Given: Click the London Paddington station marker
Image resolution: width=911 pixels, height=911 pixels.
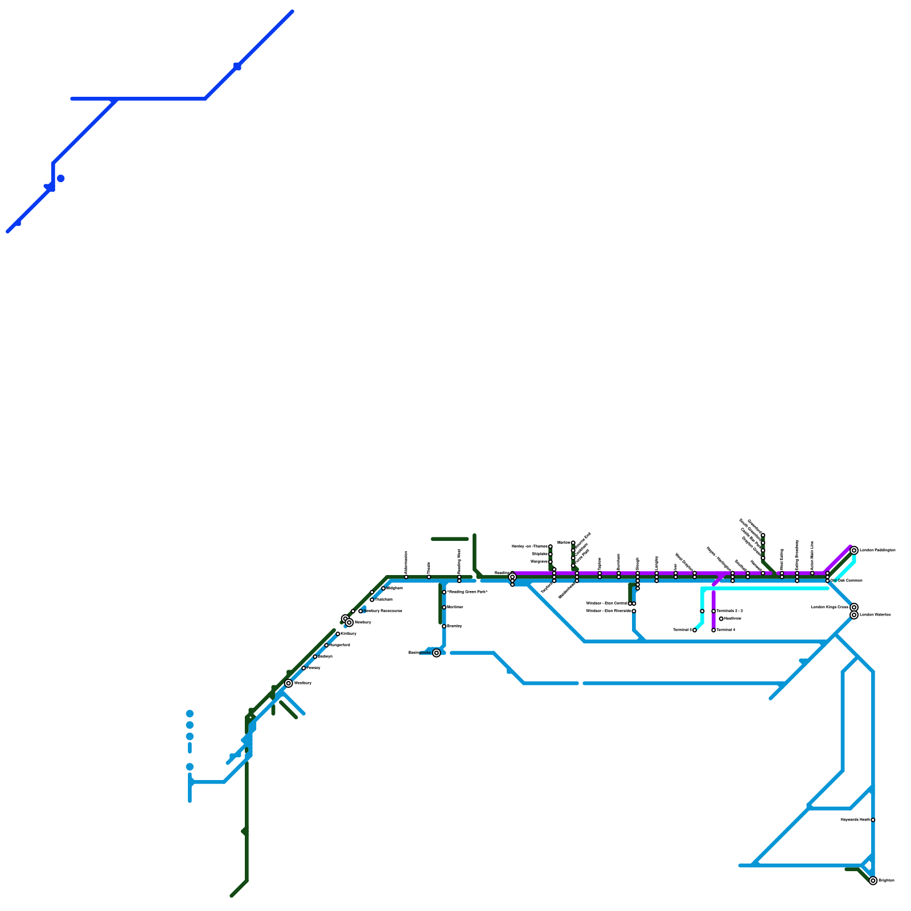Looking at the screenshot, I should [x=854, y=550].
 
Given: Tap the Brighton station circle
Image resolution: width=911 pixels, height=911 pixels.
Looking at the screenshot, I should [x=873, y=881].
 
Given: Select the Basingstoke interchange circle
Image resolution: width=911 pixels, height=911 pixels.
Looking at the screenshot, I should [x=436, y=653].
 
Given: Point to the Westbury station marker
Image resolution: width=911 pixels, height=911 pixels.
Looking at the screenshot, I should [x=289, y=683].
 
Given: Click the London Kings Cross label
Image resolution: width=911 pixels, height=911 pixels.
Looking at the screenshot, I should [x=830, y=608].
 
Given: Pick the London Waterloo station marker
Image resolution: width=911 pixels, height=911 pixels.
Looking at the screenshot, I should [x=854, y=615].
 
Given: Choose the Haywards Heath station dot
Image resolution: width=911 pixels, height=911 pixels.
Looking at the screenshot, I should [x=873, y=820].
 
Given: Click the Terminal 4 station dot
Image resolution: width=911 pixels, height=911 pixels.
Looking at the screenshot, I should [x=713, y=630].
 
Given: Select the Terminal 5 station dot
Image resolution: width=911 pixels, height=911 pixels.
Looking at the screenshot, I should [x=694, y=630].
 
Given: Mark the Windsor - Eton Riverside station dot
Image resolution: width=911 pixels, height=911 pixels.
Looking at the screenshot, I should [x=634, y=611].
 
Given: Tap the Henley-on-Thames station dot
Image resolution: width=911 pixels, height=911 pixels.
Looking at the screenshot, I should [x=551, y=547].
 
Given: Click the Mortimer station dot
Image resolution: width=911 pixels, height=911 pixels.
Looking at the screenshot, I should [x=444, y=608].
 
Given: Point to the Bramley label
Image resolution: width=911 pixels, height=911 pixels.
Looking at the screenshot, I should [x=455, y=626].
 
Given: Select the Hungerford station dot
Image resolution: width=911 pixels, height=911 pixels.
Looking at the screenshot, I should [x=326, y=645].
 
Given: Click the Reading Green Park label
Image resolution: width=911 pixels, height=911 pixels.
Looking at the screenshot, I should [x=467, y=592].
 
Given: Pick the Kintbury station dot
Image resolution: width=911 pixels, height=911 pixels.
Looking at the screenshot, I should [x=338, y=634].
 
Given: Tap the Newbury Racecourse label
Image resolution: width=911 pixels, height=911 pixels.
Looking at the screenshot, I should [x=383, y=611].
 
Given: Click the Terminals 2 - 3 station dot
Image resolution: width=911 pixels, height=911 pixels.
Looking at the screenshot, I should [x=713, y=611].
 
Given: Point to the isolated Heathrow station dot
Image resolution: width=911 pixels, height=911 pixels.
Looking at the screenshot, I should [x=721, y=619].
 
